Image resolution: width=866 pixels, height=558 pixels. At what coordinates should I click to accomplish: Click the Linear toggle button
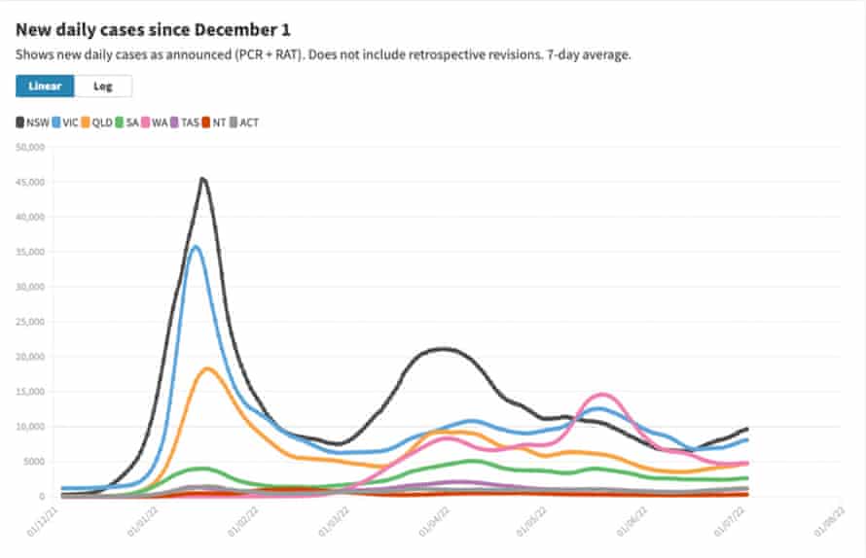(45, 86)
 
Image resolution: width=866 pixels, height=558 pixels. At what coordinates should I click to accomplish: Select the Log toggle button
(102, 86)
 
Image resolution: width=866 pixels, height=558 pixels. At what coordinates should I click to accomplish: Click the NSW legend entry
(32, 122)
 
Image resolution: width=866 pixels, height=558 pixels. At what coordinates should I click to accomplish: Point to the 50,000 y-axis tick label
(32, 148)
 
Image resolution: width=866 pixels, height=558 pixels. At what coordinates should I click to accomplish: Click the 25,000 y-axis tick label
(32, 322)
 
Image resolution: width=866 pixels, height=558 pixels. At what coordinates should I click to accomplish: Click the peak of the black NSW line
(202, 179)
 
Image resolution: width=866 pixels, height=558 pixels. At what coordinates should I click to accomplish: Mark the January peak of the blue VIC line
(196, 246)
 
